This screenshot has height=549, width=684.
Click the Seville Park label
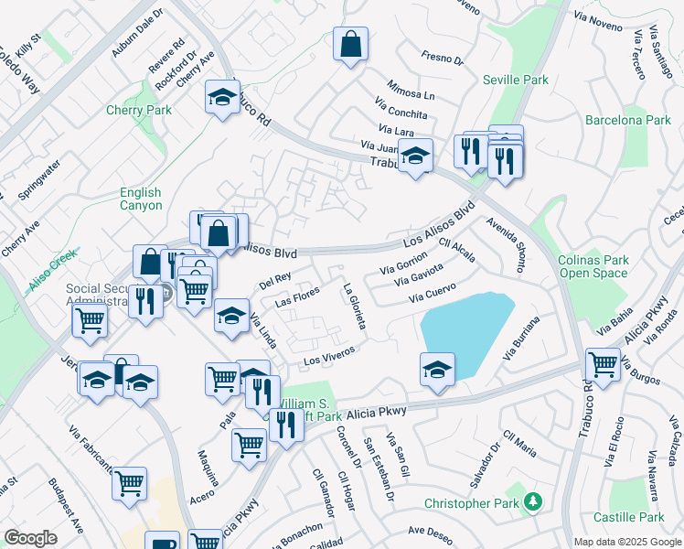click(x=516, y=80)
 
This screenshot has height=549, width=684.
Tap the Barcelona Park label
click(x=627, y=120)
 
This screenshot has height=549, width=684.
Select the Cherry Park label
click(x=138, y=110)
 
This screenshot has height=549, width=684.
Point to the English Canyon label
click(x=141, y=199)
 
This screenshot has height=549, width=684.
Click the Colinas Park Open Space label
click(x=593, y=266)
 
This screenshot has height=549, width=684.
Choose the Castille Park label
click(x=627, y=518)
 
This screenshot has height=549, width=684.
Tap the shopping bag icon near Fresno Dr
click(x=350, y=44)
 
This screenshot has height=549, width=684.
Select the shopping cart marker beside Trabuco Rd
click(x=603, y=363)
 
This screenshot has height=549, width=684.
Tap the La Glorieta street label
click(x=355, y=307)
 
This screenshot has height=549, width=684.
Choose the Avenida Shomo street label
click(x=506, y=244)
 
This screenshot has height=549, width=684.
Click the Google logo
click(x=30, y=538)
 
